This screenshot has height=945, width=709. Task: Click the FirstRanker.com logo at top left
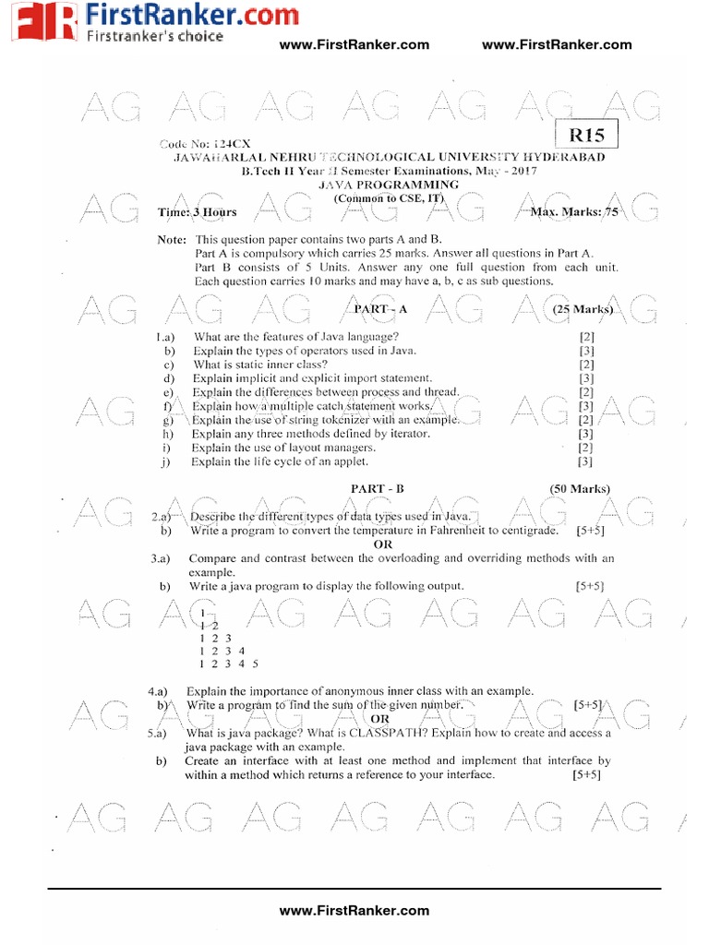[x=121, y=22]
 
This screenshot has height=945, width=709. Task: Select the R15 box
[x=586, y=136]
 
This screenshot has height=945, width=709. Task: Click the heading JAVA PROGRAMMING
[x=387, y=185]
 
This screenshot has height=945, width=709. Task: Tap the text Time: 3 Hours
[x=197, y=212]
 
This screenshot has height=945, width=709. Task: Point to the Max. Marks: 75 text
[x=574, y=212]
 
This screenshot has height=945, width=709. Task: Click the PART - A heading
[x=381, y=309]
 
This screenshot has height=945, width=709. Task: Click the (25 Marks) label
[x=583, y=309]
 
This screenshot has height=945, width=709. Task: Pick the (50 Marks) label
[x=580, y=488]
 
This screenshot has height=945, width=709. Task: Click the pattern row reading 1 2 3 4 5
[x=228, y=664]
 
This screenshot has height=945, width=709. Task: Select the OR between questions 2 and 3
[x=382, y=544]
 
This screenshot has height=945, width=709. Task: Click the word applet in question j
[x=348, y=461]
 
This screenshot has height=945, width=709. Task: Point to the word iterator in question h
[x=408, y=434]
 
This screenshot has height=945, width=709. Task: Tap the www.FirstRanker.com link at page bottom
[x=354, y=910]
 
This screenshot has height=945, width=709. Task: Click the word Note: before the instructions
[x=173, y=240]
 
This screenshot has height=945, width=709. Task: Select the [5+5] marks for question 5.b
[x=587, y=775]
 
